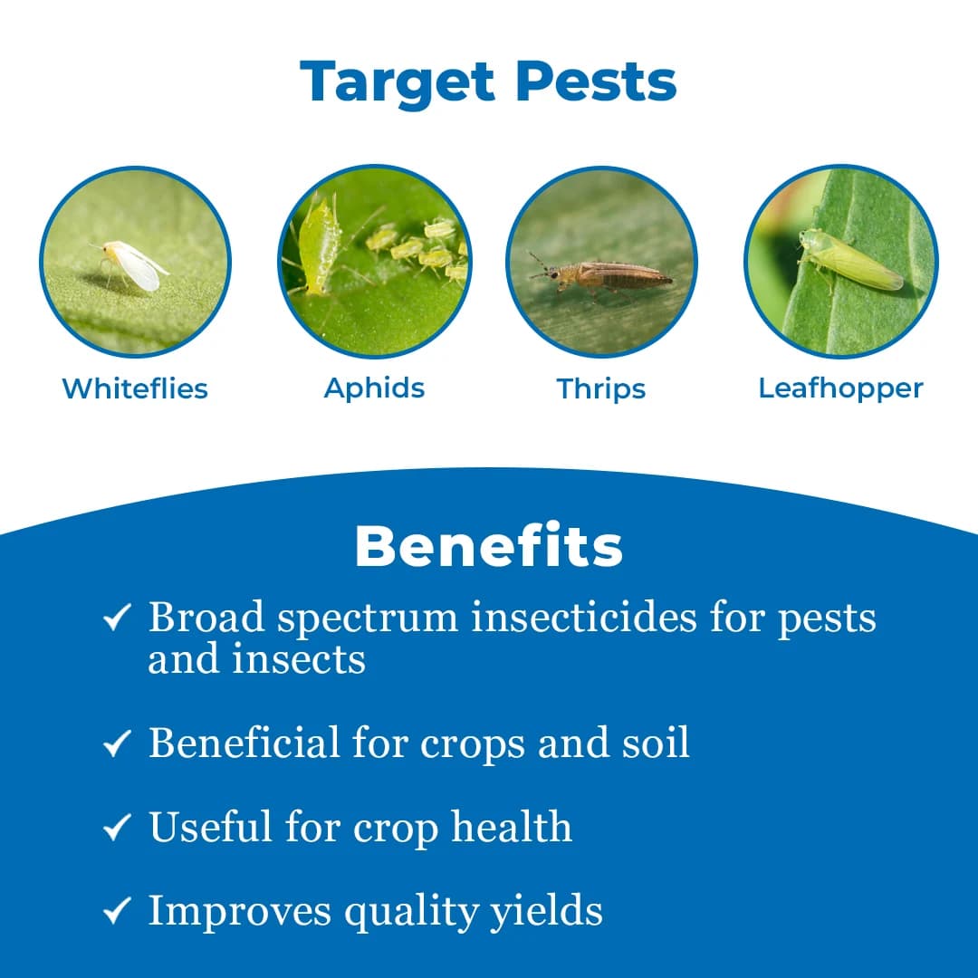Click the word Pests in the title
click(597, 82)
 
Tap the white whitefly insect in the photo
click(133, 264)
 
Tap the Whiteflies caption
click(135, 388)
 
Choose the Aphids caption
click(374, 388)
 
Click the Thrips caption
click(601, 388)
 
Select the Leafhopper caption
click(840, 388)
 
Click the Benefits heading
click(489, 547)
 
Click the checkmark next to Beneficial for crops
click(118, 744)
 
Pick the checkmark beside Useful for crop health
click(118, 828)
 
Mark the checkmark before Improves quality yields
click(118, 911)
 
